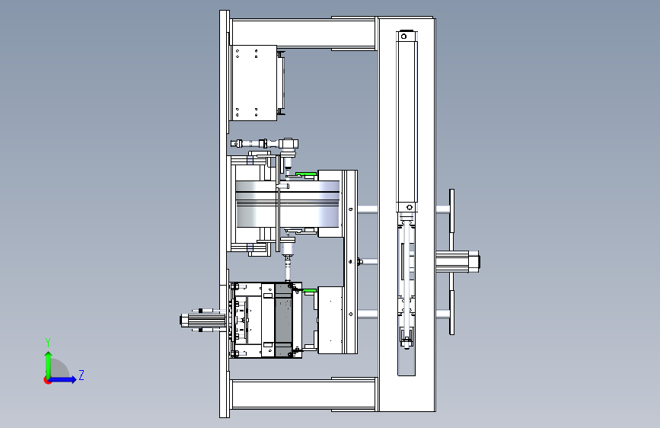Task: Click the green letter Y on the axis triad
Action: tap(48, 342)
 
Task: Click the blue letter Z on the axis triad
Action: tap(81, 375)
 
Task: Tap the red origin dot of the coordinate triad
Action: tap(47, 380)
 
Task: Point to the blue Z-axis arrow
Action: tap(63, 379)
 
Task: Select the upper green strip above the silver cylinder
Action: tap(306, 174)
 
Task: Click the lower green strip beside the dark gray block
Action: tap(309, 290)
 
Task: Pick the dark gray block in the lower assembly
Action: tap(283, 320)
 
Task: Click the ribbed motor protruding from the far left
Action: tap(202, 321)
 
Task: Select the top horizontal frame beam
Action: tap(303, 34)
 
